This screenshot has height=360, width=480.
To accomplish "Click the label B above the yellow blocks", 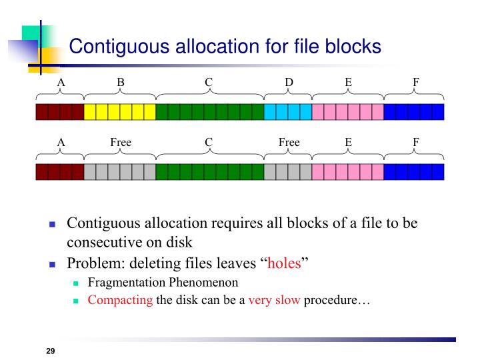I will point(121,82).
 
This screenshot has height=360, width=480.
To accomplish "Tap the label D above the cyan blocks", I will point(289,82).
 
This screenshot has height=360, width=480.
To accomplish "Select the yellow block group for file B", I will point(120,111).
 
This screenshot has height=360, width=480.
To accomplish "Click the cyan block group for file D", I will point(288,111).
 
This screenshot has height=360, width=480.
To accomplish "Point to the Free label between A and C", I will point(121,142).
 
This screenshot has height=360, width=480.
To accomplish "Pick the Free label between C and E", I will point(289,142).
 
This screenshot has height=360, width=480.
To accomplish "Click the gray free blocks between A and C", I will point(120,172).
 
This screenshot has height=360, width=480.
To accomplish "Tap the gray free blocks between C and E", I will point(288,172).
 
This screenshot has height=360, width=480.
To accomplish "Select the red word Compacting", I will point(120,300).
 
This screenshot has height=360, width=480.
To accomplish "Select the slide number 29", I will point(50,351).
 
